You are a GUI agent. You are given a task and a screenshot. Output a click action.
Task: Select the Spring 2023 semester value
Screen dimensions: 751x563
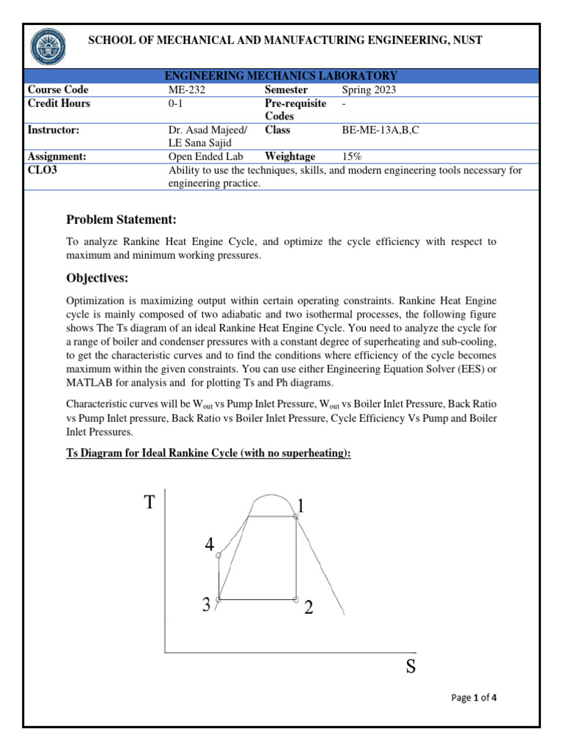tap(373, 90)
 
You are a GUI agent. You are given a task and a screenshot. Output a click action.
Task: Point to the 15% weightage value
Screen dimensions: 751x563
tap(353, 156)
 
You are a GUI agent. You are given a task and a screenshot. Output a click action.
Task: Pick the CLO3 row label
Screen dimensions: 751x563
tap(42, 170)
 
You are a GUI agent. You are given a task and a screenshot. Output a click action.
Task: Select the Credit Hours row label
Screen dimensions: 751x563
tap(59, 103)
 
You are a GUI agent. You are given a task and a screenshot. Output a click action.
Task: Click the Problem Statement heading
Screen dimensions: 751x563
tap(121, 220)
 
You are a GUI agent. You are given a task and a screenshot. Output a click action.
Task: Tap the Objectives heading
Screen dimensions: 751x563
tap(97, 278)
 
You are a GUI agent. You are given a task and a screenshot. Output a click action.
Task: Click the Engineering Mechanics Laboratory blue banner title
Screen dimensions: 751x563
tap(281, 76)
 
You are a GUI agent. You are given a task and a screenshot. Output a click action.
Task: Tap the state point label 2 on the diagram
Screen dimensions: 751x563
tap(309, 607)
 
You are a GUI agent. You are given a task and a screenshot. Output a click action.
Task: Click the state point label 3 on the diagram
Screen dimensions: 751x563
tap(207, 604)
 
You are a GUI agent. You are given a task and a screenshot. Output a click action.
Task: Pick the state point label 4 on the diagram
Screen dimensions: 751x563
tap(210, 545)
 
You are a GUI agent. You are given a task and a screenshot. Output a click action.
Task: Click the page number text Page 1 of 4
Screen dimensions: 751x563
tap(474, 697)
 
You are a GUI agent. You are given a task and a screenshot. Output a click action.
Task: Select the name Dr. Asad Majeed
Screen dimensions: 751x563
tap(207, 130)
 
